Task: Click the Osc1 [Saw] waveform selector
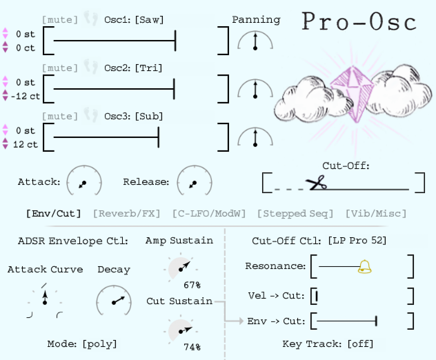point(149,20)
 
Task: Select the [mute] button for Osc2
point(60,68)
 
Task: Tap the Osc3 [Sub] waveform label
point(149,117)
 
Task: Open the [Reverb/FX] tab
point(127,214)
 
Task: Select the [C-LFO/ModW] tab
point(209,214)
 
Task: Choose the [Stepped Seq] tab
point(295,214)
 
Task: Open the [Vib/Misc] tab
point(376,214)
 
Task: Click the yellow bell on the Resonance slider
point(365,267)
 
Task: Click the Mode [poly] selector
point(99,344)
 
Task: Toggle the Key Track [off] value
point(360,344)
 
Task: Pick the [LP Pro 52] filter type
point(357,240)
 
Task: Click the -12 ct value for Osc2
point(25,97)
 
